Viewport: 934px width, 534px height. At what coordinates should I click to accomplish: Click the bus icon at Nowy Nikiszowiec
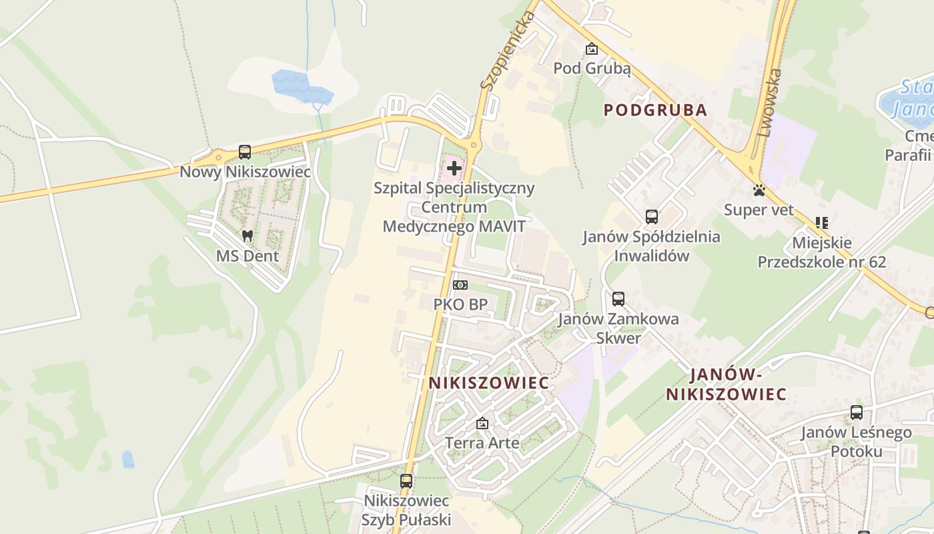click(245, 152)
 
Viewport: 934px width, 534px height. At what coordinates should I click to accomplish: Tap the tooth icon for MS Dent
click(248, 236)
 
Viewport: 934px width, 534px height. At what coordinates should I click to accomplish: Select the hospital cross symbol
click(454, 168)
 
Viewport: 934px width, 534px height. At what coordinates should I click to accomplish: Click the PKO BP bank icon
click(460, 285)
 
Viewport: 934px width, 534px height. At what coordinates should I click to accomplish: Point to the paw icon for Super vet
click(759, 190)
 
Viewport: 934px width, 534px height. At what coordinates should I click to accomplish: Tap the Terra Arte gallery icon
click(482, 423)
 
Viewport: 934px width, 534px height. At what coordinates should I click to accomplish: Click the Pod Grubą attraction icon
click(591, 49)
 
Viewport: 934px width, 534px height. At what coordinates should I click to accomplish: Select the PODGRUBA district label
click(655, 110)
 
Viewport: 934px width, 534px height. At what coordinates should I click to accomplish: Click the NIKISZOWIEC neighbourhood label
click(489, 383)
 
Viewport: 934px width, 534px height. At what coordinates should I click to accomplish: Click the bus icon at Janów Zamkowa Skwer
click(618, 299)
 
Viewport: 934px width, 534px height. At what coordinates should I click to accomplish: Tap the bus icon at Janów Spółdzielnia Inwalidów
click(652, 217)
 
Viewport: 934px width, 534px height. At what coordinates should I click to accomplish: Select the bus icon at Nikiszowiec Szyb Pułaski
click(406, 481)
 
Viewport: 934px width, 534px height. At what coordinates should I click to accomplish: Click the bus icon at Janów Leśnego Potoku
click(857, 413)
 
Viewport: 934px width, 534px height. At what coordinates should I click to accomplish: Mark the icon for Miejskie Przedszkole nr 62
click(821, 223)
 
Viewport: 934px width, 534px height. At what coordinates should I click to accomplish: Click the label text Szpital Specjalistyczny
click(454, 188)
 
